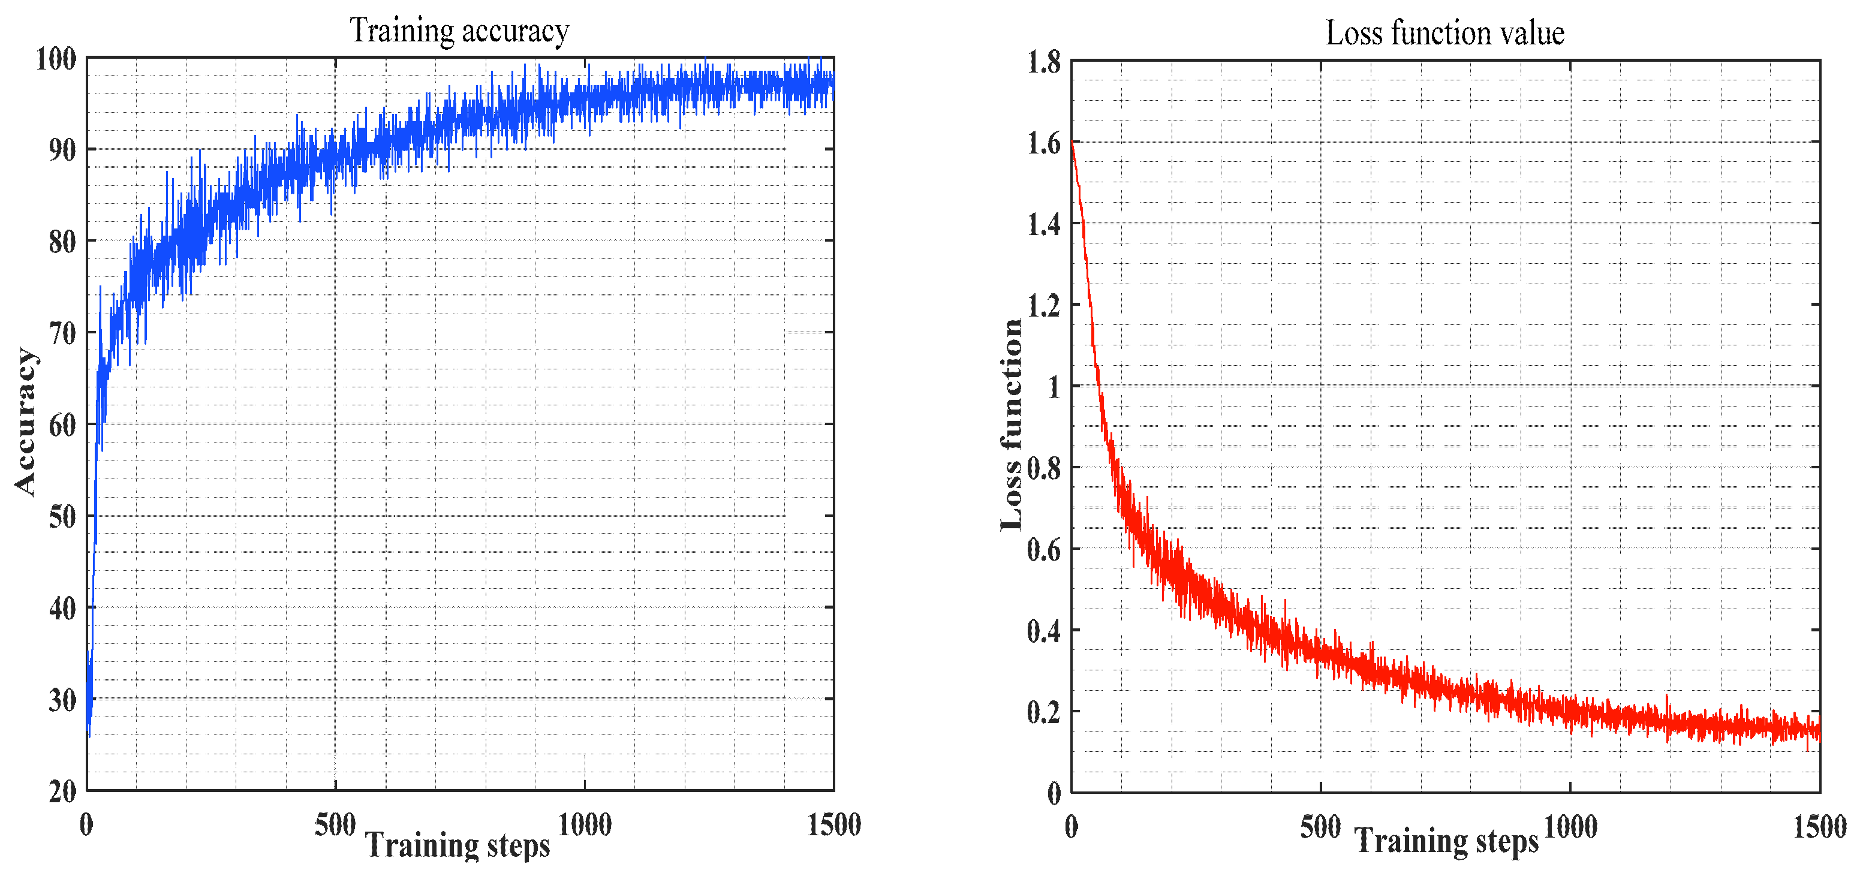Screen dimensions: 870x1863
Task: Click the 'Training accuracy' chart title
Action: (x=459, y=31)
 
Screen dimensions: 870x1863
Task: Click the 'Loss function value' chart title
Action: (x=1444, y=33)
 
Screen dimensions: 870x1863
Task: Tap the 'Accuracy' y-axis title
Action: (x=26, y=422)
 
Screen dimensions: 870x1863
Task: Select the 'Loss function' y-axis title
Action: (x=1012, y=425)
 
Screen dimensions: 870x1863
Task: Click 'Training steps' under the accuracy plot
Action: (x=457, y=844)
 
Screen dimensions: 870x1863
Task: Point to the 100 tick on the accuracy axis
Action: (x=56, y=59)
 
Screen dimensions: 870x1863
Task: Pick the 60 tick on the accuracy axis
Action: (x=62, y=425)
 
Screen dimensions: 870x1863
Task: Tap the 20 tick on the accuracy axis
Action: (x=62, y=791)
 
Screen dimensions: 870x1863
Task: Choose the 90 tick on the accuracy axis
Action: (x=62, y=150)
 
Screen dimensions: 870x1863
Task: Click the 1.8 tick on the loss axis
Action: (x=1043, y=62)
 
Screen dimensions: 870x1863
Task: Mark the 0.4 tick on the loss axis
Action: (x=1043, y=631)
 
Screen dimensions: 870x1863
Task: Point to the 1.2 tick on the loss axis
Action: (x=1043, y=306)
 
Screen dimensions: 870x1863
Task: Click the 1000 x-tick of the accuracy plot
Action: (x=585, y=825)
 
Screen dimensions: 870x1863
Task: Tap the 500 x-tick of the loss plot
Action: (x=1320, y=827)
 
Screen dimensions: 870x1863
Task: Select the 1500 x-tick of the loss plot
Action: (x=1819, y=827)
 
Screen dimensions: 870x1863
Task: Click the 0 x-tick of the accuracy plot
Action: (x=86, y=825)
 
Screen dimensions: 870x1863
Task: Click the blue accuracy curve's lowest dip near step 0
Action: (x=89, y=736)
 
